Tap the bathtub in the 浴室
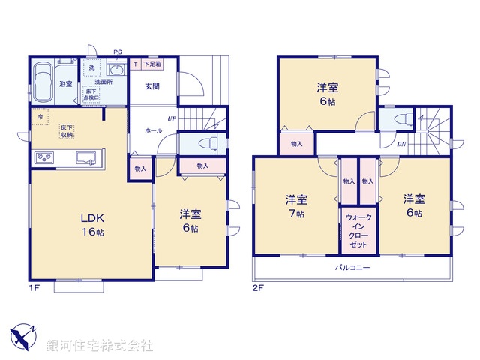(x=42, y=82)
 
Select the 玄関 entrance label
(x=152, y=86)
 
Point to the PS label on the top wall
(x=117, y=52)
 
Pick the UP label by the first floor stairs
(x=172, y=118)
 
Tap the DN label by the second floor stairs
(x=402, y=145)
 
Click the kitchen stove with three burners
(x=44, y=158)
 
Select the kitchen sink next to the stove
(x=84, y=158)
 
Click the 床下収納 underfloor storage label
(x=67, y=131)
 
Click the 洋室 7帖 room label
(x=296, y=206)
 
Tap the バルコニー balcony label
(x=352, y=267)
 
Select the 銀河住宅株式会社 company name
(x=100, y=346)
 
